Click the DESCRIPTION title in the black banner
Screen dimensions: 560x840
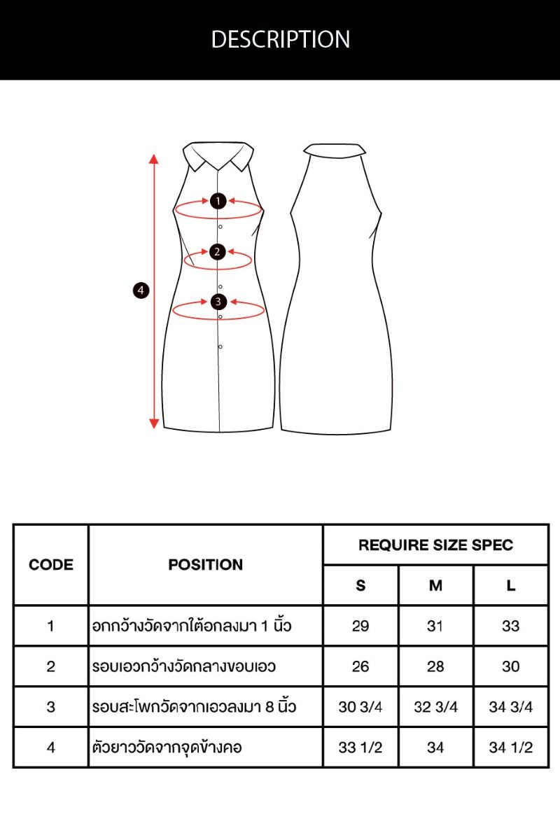280,39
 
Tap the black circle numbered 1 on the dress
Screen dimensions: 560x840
218,201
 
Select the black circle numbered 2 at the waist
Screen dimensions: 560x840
217,251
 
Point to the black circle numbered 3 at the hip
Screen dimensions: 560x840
218,302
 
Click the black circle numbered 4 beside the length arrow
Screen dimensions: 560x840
141,290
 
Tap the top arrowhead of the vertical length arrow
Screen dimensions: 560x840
154,159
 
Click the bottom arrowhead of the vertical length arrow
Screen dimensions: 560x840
154,423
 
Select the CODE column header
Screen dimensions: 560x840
51,565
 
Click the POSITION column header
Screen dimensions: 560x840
206,565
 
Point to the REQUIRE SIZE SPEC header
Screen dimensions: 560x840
436,545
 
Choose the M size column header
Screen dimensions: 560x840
435,585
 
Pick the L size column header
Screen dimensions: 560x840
511,585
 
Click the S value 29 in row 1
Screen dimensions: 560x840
360,626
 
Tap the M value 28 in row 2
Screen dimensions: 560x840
435,666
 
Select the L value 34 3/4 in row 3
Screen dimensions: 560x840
511,707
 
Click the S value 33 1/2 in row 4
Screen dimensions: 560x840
360,748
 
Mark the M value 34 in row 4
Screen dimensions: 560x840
435,748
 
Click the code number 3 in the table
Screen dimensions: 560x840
51,707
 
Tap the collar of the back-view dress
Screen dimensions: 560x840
335,150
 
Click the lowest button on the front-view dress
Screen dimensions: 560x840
220,347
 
